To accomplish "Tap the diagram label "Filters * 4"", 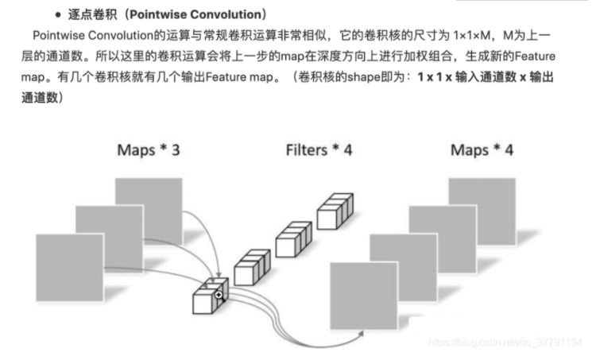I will click(318, 149).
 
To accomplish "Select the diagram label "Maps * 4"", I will click(482, 149).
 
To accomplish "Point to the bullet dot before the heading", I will click(59, 16).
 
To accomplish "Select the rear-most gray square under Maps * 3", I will click(149, 205).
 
